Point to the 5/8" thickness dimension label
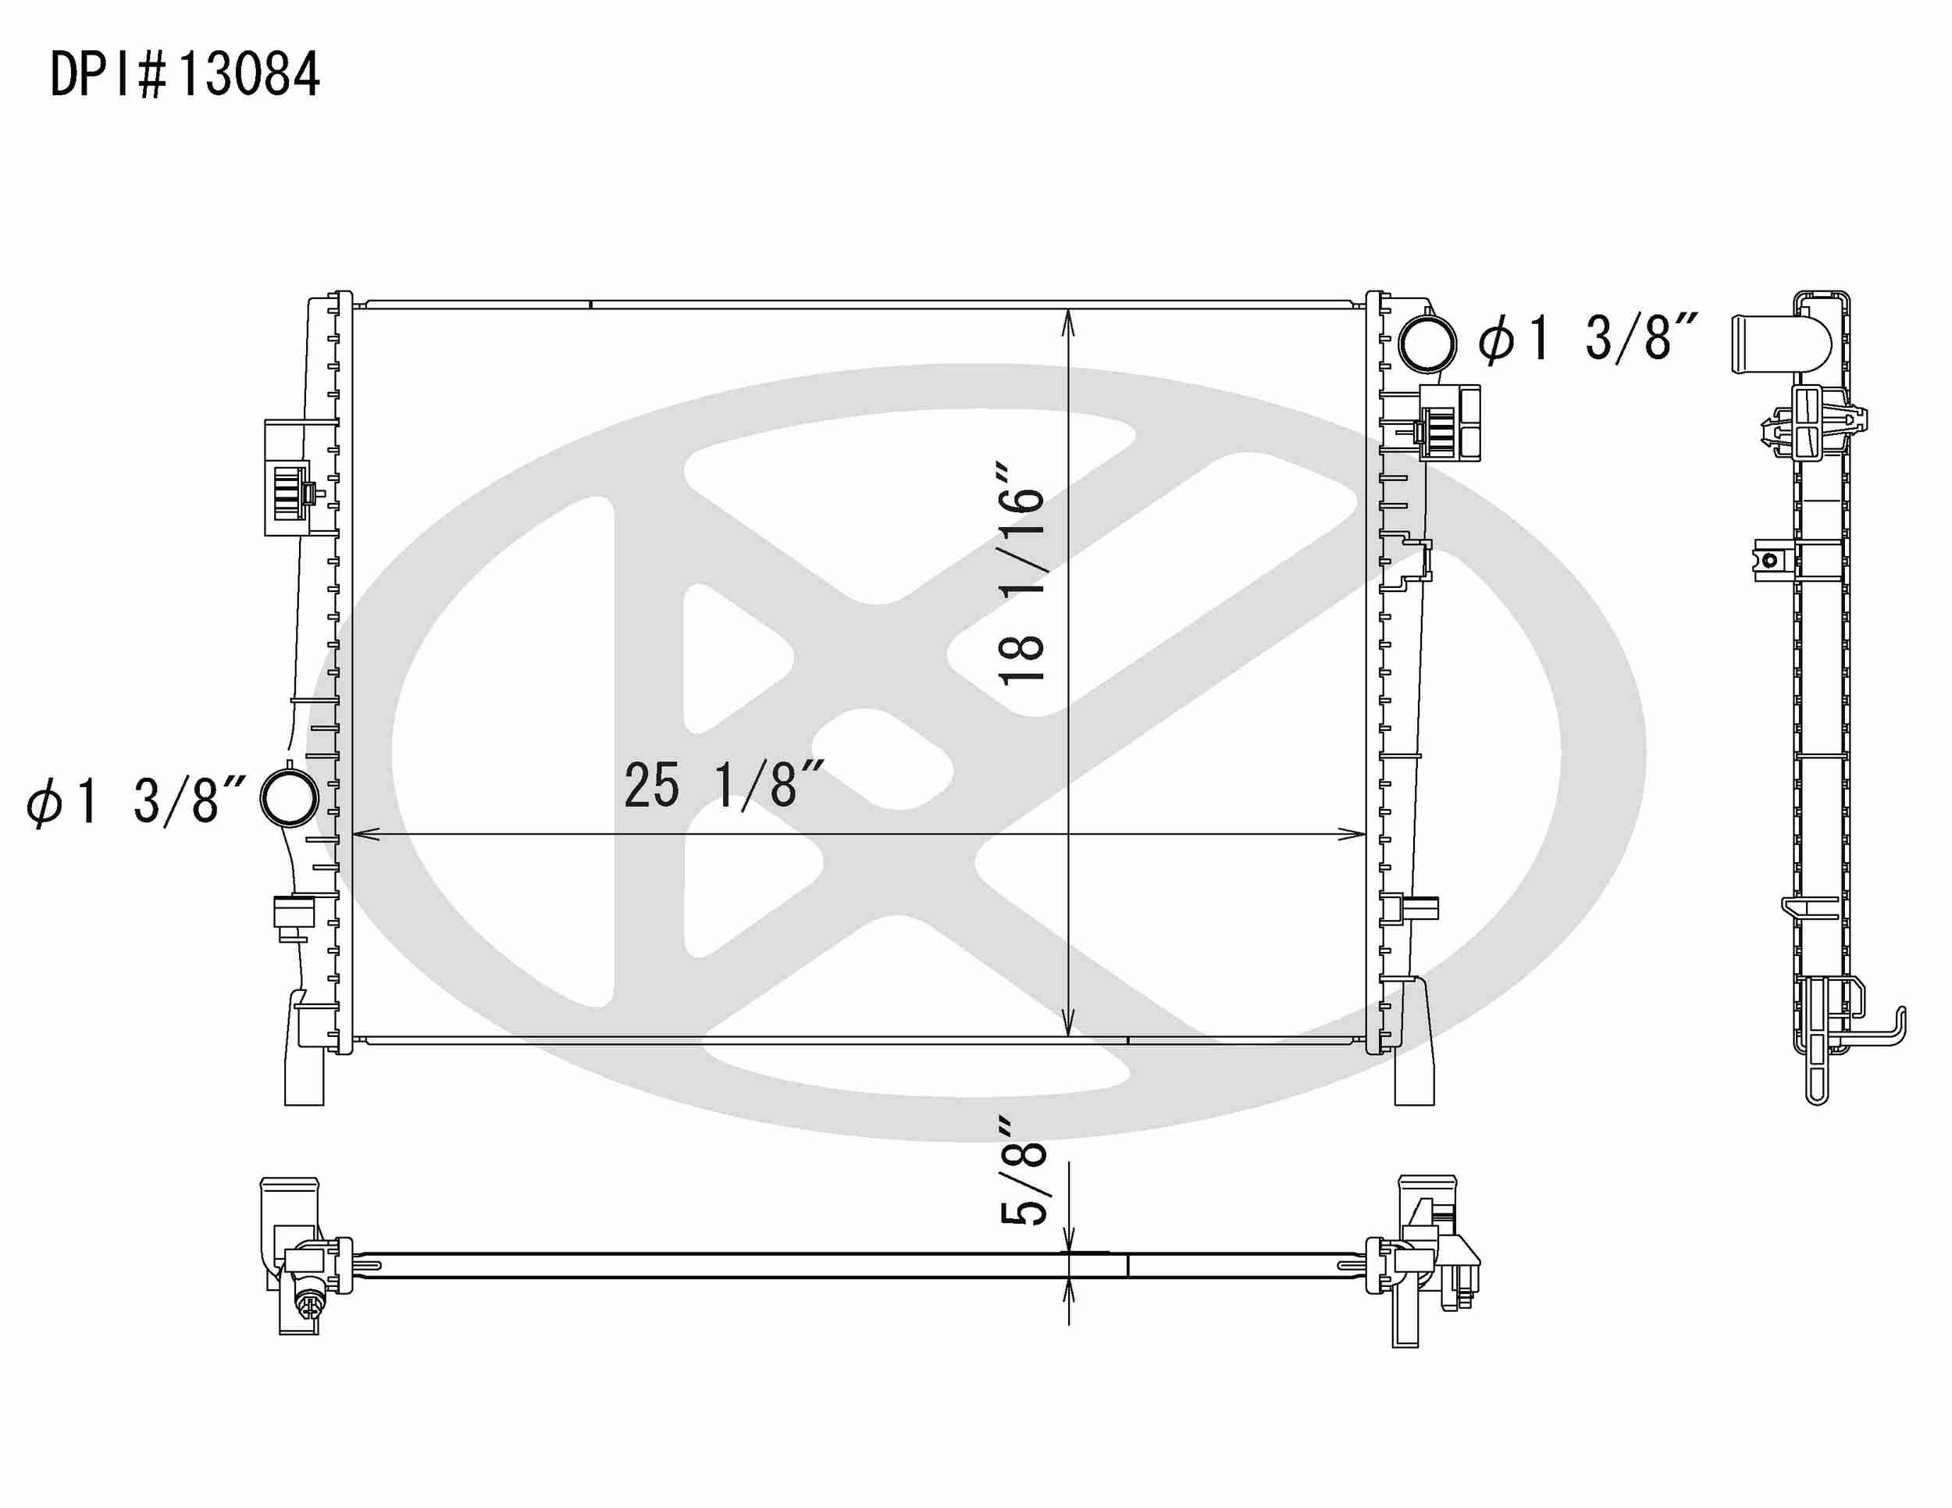pos(1021,1182)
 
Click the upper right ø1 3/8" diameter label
pos(1587,340)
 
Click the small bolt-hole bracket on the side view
pos(1769,561)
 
